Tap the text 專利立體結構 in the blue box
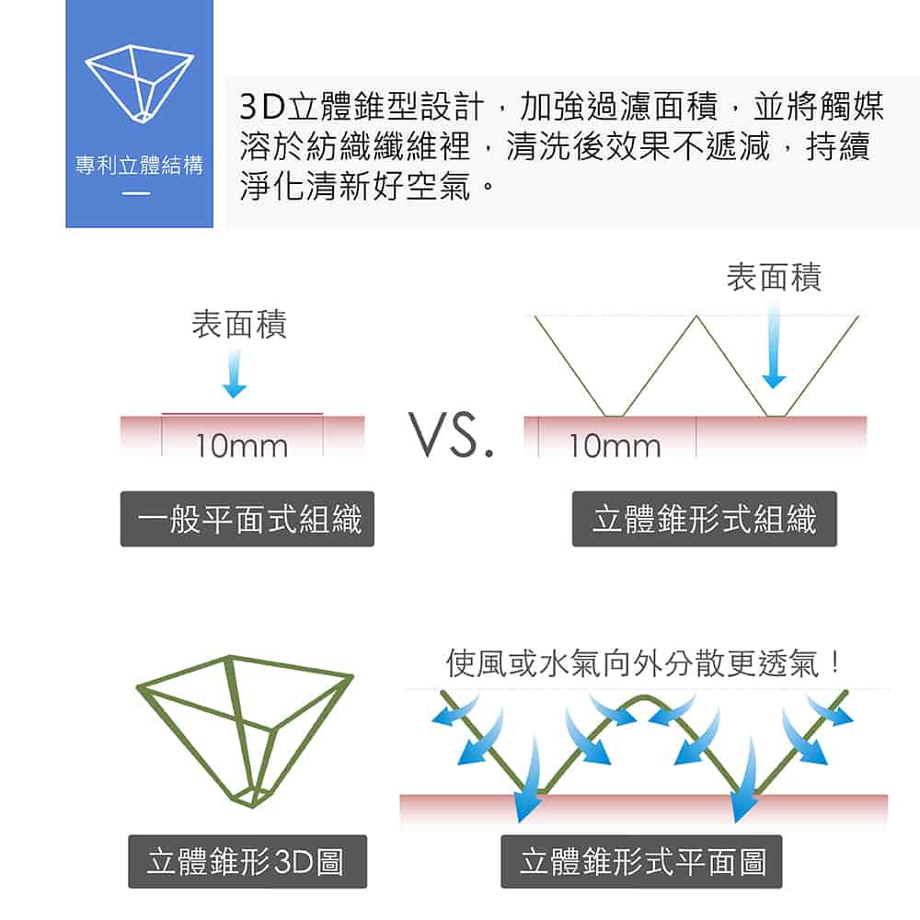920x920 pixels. pos(140,167)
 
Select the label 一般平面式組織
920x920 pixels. pos(247,520)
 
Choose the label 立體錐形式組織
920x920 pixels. pos(704,520)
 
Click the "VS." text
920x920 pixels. pos(454,439)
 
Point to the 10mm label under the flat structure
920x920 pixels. pos(241,446)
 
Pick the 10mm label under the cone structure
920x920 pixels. pos(615,446)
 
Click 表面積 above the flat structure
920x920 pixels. pos(239,324)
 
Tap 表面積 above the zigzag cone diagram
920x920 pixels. pos(774,276)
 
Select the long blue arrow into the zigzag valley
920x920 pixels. pos(773,345)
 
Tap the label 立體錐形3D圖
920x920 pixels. pos(247,861)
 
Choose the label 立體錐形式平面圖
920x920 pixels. pos(641,861)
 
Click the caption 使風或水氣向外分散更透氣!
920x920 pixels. pos(644,662)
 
